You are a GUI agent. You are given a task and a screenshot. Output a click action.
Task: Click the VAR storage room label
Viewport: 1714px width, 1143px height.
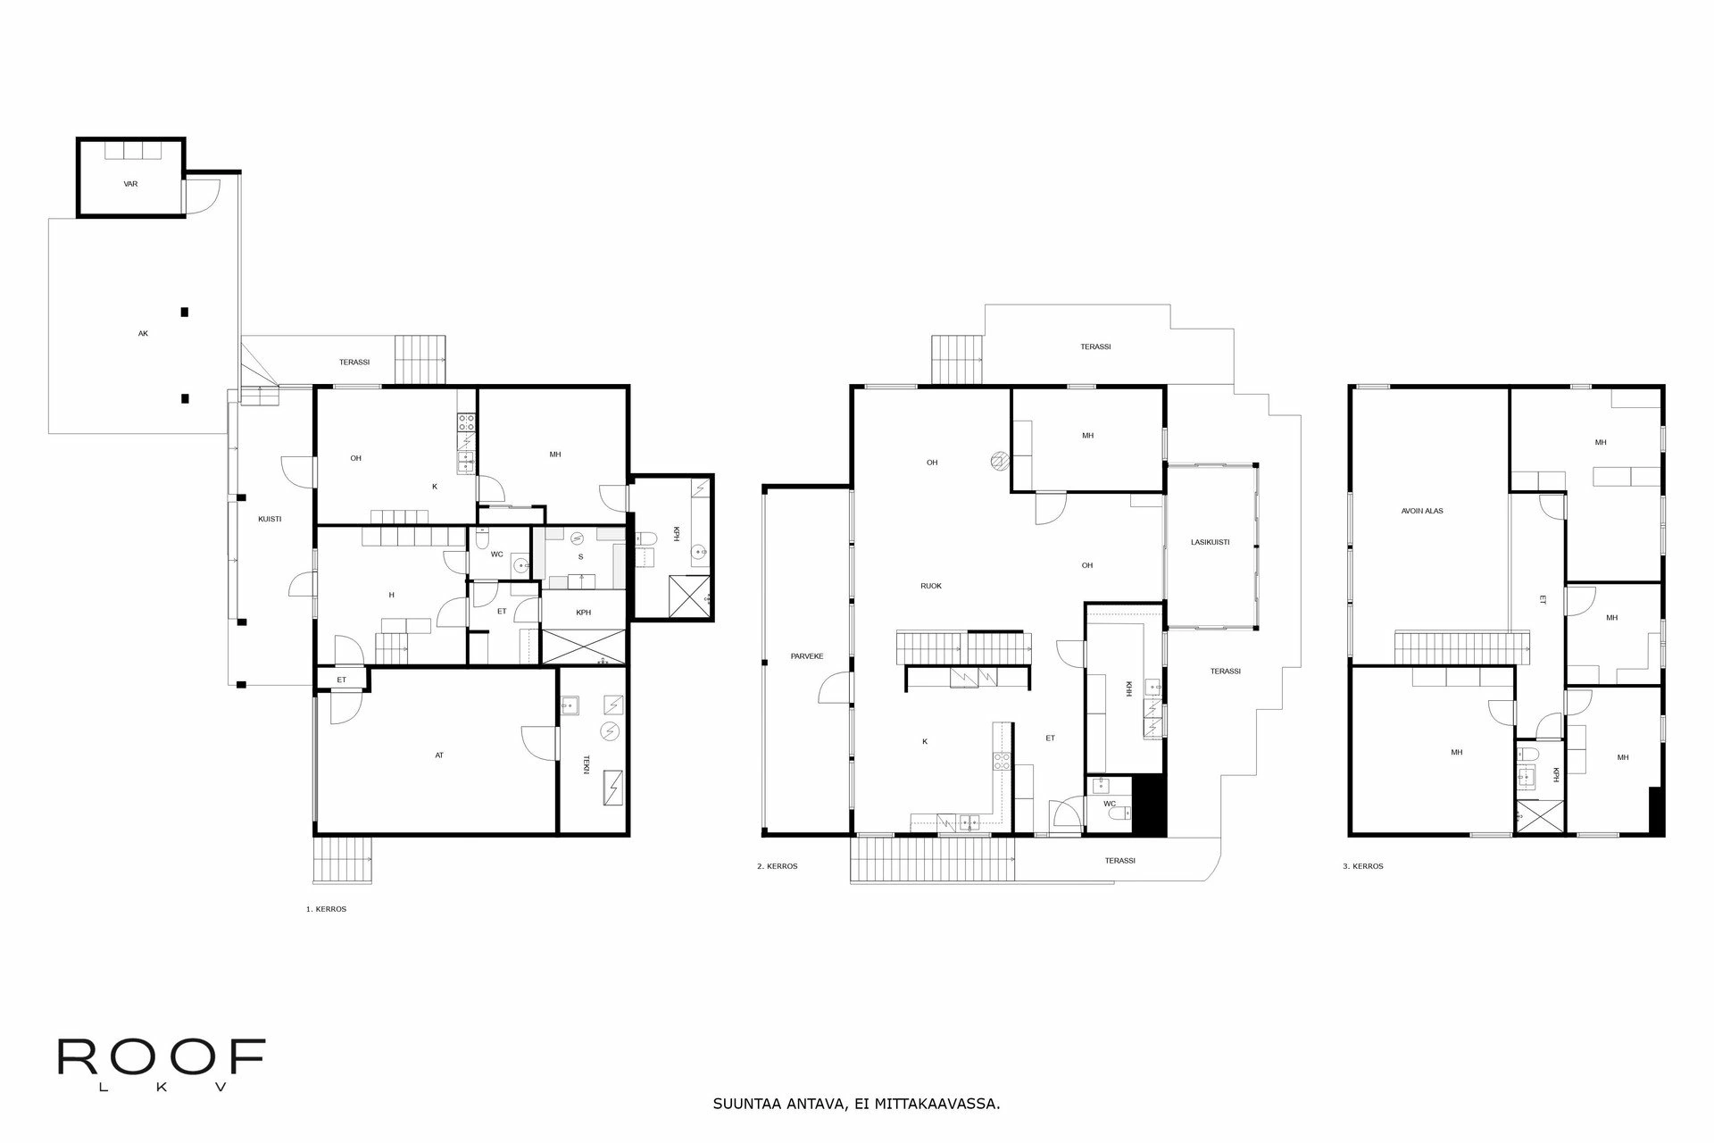pos(130,184)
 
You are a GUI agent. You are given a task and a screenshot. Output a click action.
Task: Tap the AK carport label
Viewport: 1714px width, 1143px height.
pos(143,333)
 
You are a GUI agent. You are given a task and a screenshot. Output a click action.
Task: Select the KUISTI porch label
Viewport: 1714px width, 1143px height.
pos(270,519)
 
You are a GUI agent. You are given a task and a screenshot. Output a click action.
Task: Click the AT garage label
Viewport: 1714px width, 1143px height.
pos(439,755)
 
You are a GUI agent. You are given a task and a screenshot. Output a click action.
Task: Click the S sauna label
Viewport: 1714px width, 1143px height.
pos(580,556)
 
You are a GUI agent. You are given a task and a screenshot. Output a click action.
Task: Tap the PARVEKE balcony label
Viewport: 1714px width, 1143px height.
pos(807,656)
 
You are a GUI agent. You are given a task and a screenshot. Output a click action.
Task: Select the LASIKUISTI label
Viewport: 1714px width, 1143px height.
pos(1211,542)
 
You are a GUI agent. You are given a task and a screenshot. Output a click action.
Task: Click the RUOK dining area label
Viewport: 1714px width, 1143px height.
pos(931,586)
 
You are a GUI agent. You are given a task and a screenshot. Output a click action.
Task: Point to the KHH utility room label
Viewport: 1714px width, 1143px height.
pos(1129,688)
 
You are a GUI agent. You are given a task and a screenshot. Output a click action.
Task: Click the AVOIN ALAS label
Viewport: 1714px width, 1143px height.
pos(1422,512)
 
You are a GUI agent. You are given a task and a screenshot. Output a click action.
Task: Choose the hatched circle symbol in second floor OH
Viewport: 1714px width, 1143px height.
pos(999,461)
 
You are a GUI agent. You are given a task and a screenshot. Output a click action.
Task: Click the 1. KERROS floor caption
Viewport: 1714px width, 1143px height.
pos(326,909)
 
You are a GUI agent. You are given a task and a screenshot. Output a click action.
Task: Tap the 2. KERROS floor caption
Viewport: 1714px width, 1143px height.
pos(777,866)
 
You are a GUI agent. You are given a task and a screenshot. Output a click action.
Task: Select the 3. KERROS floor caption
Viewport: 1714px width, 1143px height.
pos(1363,866)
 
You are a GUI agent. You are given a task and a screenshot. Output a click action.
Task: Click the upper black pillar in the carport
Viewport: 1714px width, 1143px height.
pos(185,312)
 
